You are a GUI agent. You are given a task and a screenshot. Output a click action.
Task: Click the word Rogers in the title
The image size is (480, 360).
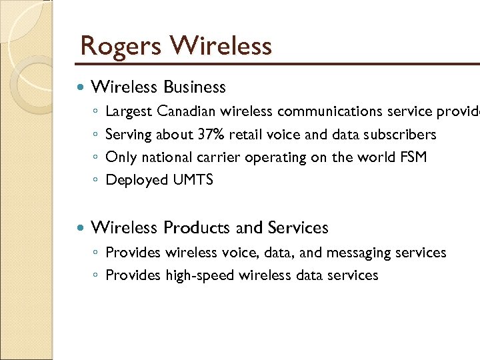click(x=121, y=47)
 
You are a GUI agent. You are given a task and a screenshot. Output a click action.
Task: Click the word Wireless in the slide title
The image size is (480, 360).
click(x=221, y=47)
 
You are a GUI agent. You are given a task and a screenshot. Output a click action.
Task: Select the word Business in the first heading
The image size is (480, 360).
click(x=195, y=87)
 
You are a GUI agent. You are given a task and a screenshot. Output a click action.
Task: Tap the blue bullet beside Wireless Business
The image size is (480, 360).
click(x=81, y=87)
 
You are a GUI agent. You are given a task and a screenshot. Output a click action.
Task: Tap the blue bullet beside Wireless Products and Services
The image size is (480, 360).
click(x=81, y=228)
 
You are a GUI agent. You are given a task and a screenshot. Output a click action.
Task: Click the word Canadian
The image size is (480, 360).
click(x=187, y=111)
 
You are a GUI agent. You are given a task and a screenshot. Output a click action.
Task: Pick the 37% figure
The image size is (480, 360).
click(x=211, y=135)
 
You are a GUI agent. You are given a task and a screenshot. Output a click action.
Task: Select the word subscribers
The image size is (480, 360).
click(x=401, y=135)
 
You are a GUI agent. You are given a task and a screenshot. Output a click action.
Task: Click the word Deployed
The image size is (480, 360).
click(x=137, y=180)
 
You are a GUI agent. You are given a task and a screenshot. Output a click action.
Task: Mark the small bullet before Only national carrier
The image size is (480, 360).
click(x=97, y=158)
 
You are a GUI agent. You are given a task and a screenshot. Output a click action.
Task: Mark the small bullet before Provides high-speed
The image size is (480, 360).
click(x=97, y=276)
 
